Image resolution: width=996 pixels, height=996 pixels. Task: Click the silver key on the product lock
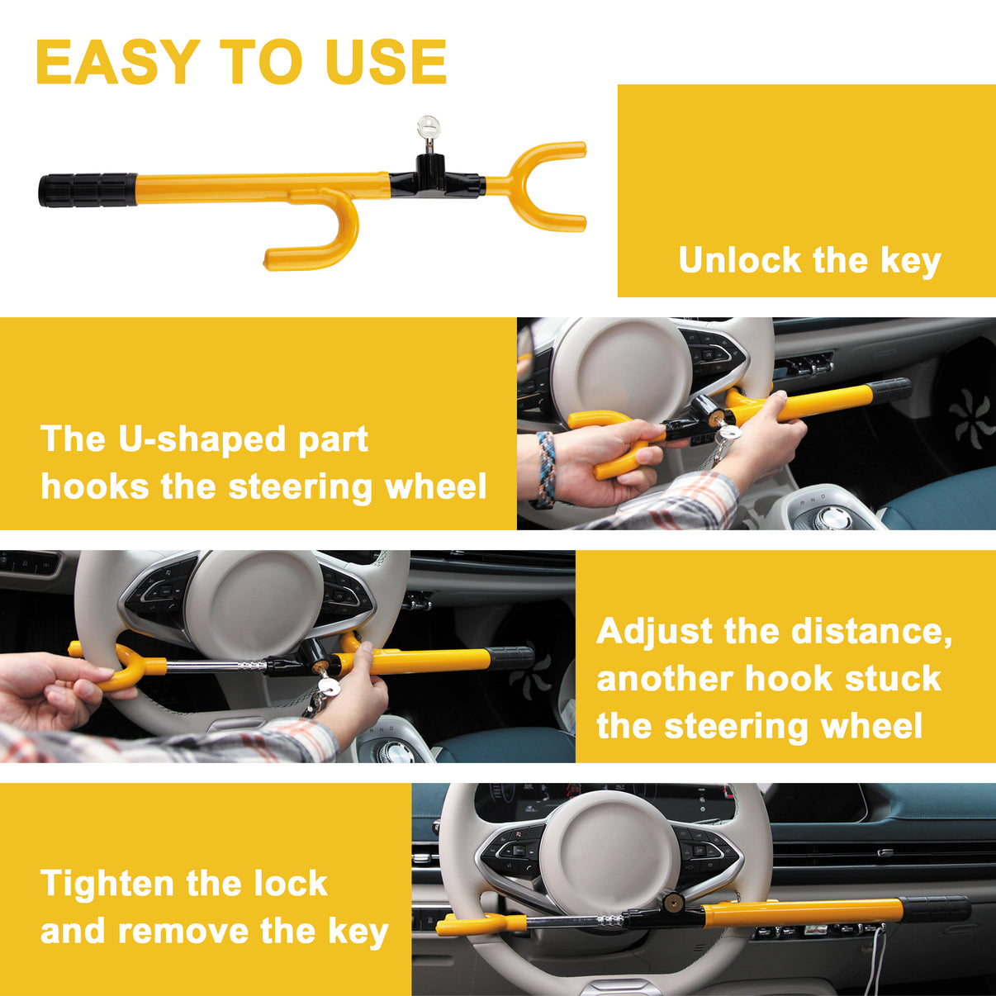tap(429, 129)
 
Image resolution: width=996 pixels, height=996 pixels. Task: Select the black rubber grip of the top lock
tap(87, 190)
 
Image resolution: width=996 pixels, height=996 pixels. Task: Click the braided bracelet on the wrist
tap(545, 468)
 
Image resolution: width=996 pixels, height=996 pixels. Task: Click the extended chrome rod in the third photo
tap(215, 666)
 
